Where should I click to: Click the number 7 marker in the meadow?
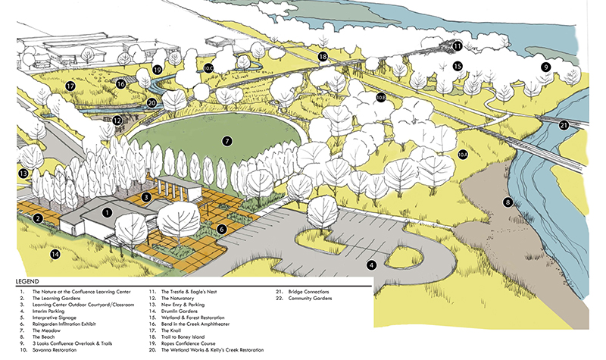(x=226, y=141)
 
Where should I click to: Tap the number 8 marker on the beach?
(x=508, y=202)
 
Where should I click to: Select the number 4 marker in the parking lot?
(x=372, y=265)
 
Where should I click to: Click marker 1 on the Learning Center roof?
(x=108, y=213)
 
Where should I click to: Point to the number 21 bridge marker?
(x=564, y=125)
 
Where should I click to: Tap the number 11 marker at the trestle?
(x=458, y=46)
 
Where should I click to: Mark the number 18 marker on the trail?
(x=323, y=56)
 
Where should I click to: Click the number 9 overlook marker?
(x=545, y=67)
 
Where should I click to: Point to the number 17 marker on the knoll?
(x=69, y=86)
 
